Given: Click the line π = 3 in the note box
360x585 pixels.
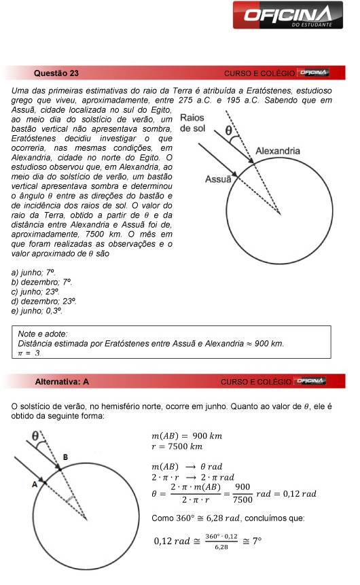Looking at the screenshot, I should pyautogui.click(x=30, y=353).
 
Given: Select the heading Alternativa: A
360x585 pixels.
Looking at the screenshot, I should pyautogui.click(x=62, y=381).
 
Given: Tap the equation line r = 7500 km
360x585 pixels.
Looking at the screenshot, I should pyautogui.click(x=177, y=446).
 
